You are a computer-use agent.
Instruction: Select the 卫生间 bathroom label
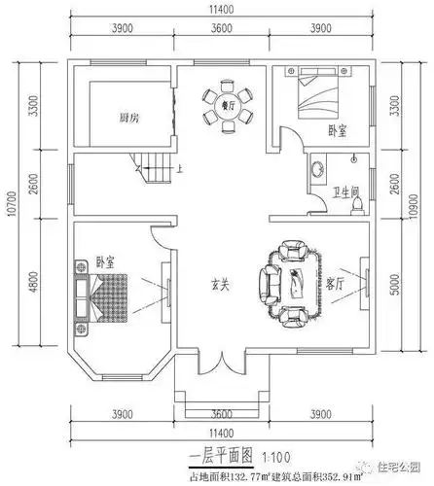(x=342, y=191)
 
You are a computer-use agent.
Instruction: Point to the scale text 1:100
(x=253, y=455)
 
